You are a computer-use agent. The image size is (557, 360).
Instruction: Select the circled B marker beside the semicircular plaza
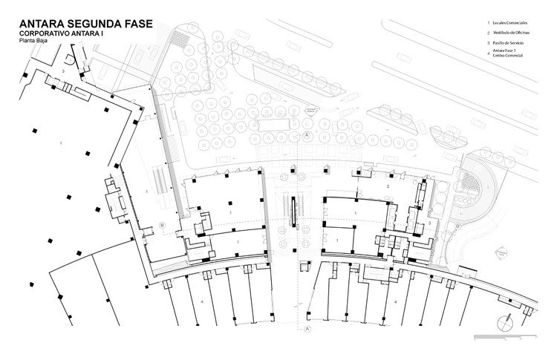162,225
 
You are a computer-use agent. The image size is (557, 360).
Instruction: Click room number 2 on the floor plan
388,186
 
